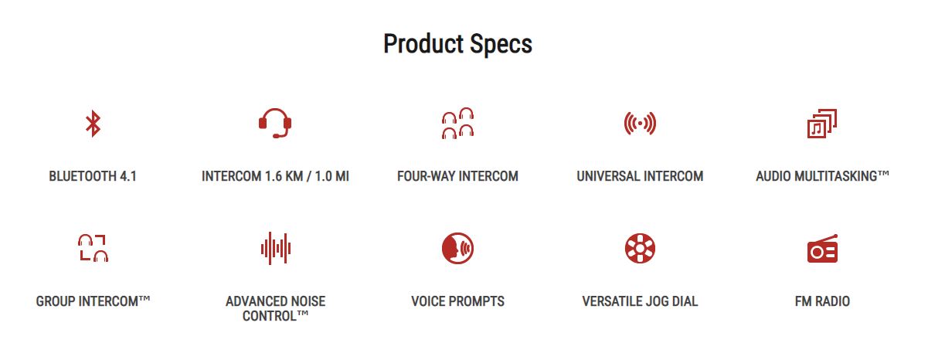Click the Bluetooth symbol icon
coord(93,124)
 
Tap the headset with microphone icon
coord(275,123)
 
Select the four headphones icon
coord(457,123)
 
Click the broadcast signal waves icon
coord(640,123)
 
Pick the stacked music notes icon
coord(822,124)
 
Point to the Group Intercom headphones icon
coord(93,248)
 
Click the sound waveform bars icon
coord(276,248)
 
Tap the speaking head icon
coord(457,248)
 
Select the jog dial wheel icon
coord(640,248)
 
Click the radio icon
coord(822,249)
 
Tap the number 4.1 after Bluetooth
coord(128,176)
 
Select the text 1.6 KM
coord(284,176)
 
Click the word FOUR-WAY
coord(426,176)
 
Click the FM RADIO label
coord(822,301)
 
